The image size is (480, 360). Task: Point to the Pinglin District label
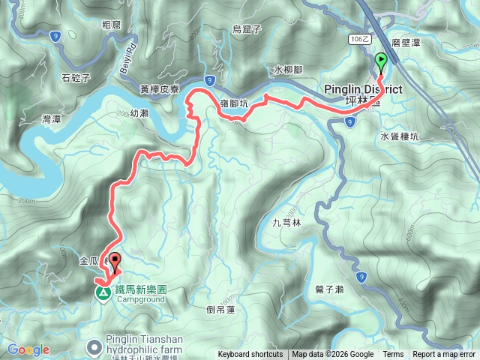coord(363,89)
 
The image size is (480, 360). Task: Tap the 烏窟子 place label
coord(246,29)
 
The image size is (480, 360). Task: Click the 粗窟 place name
coord(112,24)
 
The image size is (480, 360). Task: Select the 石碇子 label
coord(76,77)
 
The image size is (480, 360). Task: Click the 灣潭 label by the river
coord(52,119)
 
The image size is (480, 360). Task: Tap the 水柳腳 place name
coord(288,70)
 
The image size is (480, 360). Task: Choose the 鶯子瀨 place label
coord(329,289)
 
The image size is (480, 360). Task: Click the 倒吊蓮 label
coord(220,308)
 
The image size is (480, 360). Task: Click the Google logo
coord(28,349)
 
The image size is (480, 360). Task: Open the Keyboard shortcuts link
coord(250,355)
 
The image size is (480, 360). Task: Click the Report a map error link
coord(444,355)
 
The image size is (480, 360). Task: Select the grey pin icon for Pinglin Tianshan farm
coord(94,346)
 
